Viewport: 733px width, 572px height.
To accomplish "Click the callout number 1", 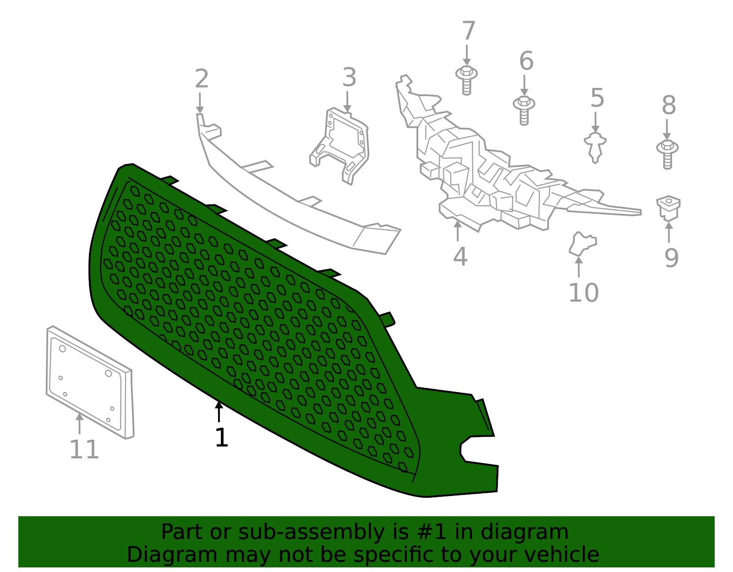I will (221, 438).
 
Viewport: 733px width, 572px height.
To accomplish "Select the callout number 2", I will (202, 79).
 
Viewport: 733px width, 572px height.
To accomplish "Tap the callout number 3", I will (349, 77).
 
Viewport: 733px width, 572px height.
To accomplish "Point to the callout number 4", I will (460, 257).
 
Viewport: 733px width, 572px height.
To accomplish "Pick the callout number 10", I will (583, 293).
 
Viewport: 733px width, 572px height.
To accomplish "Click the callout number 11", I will (84, 450).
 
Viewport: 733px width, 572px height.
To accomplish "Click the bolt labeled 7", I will (466, 80).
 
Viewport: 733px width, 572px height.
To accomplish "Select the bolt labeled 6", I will (524, 109).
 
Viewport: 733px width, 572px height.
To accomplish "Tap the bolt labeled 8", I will (667, 153).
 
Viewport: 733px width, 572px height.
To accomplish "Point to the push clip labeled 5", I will (595, 147).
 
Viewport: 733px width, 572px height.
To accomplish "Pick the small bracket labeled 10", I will (581, 243).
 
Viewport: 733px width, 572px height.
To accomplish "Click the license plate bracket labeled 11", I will (89, 382).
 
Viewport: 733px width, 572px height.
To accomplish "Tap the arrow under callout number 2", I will (200, 104).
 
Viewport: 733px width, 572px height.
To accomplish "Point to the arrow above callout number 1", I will (219, 411).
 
